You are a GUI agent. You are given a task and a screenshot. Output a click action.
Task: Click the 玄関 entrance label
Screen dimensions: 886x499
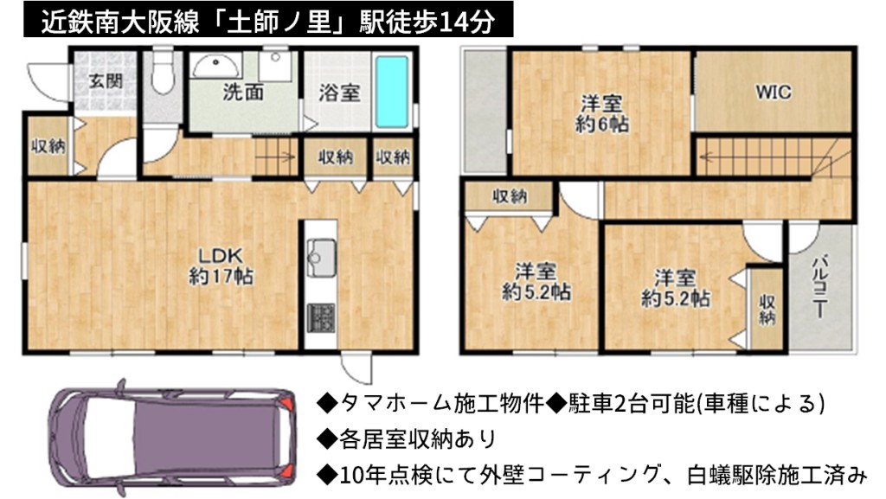[106, 81]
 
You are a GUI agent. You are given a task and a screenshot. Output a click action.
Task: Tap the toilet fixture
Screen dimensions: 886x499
[162, 74]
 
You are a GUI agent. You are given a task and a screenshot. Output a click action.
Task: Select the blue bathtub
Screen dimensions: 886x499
[392, 92]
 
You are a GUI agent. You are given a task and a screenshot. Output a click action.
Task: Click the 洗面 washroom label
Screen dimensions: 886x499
[243, 92]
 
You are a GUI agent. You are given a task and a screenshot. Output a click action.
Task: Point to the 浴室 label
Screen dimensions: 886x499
[339, 93]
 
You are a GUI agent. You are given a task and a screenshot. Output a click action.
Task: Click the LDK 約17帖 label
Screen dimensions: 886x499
[221, 265]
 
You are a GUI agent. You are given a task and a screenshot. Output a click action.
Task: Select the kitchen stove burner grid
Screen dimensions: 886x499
[320, 317]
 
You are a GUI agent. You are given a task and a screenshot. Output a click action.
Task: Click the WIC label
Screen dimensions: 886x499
[773, 92]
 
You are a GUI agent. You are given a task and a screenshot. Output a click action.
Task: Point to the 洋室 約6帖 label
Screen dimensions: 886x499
[601, 113]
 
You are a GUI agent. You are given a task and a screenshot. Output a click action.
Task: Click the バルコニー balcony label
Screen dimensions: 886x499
[820, 287]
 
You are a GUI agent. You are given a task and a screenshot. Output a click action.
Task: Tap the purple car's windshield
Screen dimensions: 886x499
[108, 438]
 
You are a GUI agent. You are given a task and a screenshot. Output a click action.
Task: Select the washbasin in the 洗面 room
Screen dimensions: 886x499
[215, 67]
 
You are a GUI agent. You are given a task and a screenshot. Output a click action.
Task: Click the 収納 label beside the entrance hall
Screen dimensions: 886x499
[48, 146]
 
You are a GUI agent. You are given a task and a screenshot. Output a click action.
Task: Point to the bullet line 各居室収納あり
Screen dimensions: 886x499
[406, 439]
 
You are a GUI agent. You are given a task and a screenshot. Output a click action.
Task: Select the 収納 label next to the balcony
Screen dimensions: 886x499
[767, 310]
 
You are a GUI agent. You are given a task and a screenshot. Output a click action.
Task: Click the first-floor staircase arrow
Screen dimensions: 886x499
[275, 157]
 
